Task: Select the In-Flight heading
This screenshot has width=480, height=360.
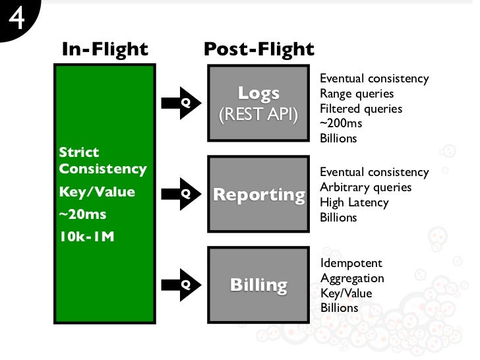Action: (105, 49)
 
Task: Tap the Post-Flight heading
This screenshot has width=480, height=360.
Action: (259, 49)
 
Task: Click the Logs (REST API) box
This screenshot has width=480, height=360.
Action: (258, 103)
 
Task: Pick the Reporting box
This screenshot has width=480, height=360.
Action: (258, 195)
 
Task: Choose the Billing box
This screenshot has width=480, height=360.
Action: (258, 285)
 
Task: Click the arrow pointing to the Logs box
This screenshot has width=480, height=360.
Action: (179, 103)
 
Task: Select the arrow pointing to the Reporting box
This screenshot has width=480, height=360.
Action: (179, 194)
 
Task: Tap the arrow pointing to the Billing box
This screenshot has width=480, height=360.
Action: (179, 285)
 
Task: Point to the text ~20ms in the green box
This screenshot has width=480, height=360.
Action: (82, 214)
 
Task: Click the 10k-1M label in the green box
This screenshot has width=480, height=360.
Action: (86, 236)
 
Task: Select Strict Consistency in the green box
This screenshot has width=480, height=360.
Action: (102, 160)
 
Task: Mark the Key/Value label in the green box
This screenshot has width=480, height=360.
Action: (96, 192)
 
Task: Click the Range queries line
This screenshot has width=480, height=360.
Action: (356, 94)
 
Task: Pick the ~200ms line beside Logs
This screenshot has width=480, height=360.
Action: (341, 123)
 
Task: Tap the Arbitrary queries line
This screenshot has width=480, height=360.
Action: (365, 187)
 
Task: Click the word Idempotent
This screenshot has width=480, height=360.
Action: (350, 263)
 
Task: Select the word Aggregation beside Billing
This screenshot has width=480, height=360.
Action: (351, 278)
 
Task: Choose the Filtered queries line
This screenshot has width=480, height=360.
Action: (361, 109)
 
